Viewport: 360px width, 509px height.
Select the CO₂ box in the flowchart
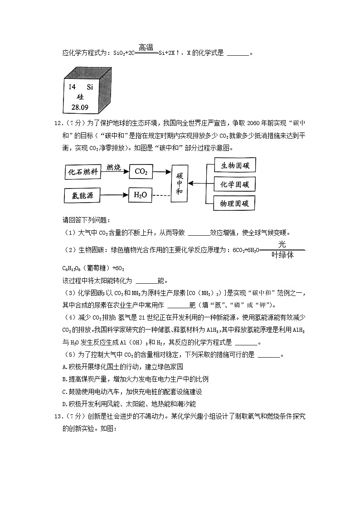pyautogui.click(x=141, y=171)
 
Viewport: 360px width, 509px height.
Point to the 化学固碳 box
pyautogui.click(x=234, y=184)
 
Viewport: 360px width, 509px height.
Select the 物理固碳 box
pyautogui.click(x=234, y=203)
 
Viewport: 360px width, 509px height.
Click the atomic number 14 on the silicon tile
pyautogui.click(x=72, y=87)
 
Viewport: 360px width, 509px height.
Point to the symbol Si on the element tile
pyautogui.click(x=89, y=87)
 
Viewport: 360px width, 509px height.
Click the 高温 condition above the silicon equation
pyautogui.click(x=146, y=47)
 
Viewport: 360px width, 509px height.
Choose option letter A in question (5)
pyautogui.click(x=64, y=367)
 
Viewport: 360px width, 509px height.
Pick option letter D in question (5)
pyautogui.click(x=64, y=403)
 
